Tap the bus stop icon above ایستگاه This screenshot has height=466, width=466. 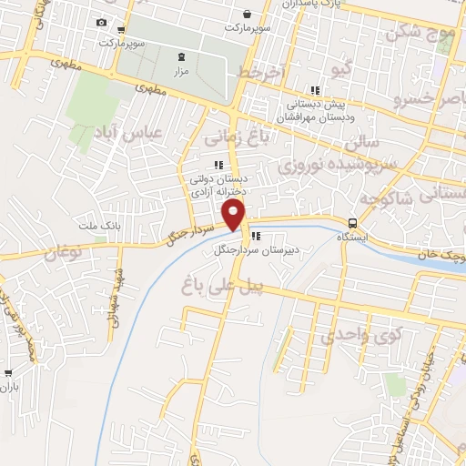tap(352, 223)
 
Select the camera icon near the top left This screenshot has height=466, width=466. tap(101, 23)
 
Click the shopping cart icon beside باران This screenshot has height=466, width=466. tap(9, 372)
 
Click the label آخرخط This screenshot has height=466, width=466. tap(261, 71)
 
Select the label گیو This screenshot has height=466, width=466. tap(339, 70)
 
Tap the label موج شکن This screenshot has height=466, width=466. tap(419, 33)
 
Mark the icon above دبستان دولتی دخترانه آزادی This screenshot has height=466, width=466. tap(218, 165)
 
